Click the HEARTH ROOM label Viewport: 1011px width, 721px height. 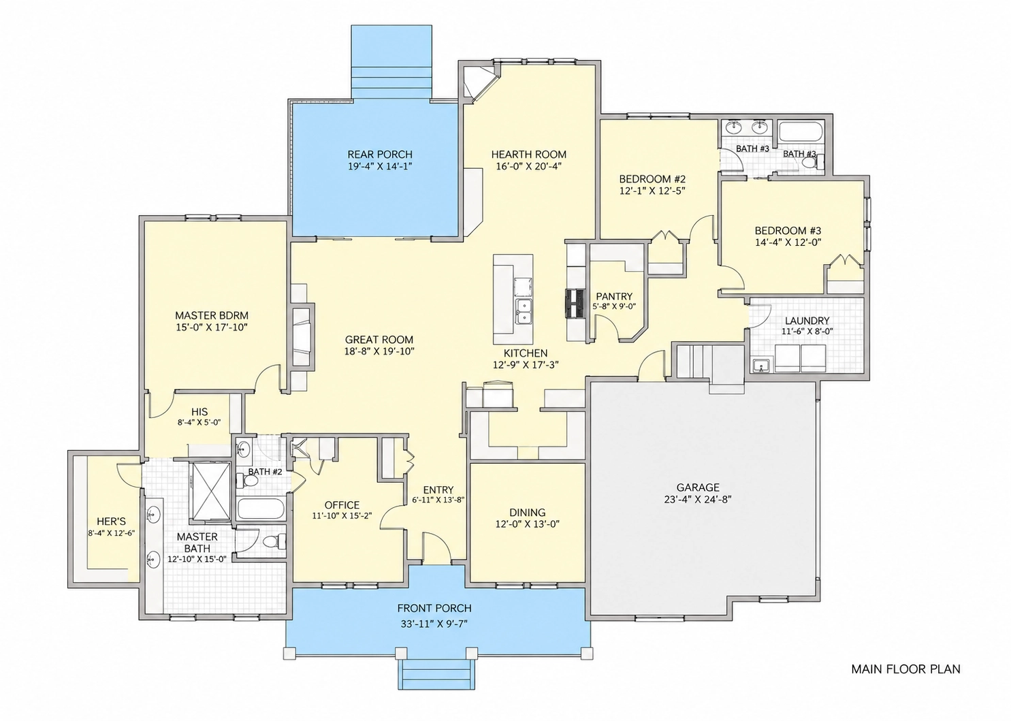[528, 155]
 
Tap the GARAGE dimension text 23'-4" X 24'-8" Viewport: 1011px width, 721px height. [698, 499]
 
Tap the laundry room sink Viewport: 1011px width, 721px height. [762, 364]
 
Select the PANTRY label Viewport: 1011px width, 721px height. [614, 297]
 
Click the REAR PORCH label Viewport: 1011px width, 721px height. [380, 155]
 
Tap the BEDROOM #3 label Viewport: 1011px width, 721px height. [788, 230]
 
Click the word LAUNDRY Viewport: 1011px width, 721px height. [807, 321]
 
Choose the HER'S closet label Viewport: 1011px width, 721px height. [111, 522]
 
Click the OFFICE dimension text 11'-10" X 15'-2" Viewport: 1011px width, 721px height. [342, 515]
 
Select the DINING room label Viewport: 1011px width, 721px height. [527, 513]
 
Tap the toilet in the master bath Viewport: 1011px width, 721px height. [274, 540]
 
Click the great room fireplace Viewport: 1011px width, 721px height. [302, 337]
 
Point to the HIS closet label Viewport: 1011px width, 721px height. [199, 412]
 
